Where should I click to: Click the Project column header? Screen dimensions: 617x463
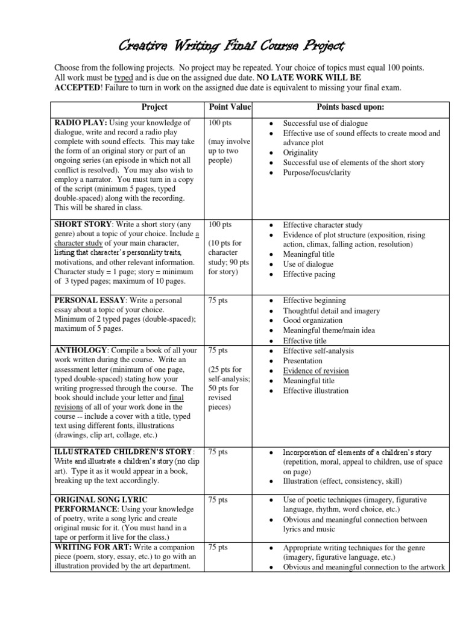click(x=154, y=107)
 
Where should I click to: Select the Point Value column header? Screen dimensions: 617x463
click(x=229, y=107)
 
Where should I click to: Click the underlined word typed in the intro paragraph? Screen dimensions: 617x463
click(x=124, y=78)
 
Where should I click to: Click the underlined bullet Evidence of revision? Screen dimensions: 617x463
click(x=316, y=371)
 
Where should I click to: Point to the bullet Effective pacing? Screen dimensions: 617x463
click(x=309, y=274)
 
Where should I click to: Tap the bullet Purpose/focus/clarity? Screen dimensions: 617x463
click(x=317, y=173)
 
